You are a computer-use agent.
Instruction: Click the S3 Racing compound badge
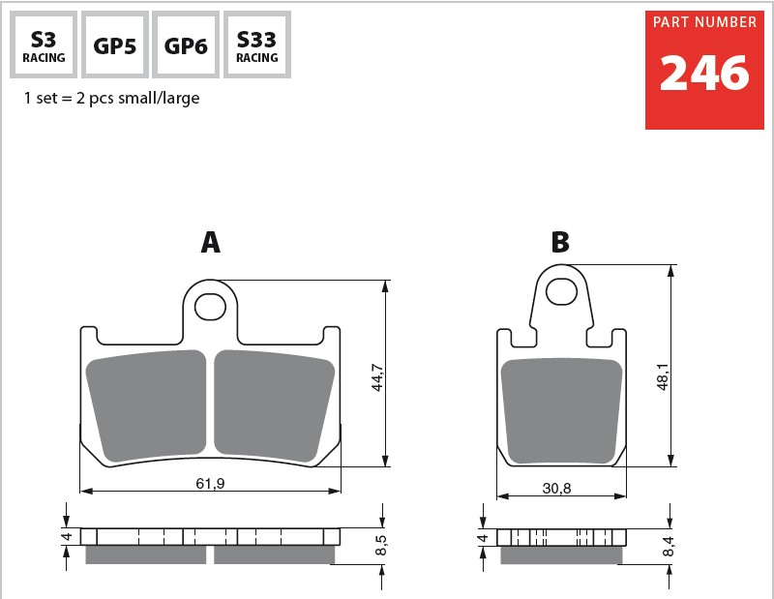coord(44,45)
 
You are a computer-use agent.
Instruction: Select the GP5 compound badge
coord(115,45)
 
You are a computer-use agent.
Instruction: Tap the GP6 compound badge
coord(186,45)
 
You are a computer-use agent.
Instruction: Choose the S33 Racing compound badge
coord(257,45)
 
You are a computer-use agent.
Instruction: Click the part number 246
coord(704,74)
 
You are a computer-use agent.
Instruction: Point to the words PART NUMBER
coord(704,22)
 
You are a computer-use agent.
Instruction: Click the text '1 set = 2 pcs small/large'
coord(111,98)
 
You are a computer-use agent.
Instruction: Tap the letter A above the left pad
coord(210,242)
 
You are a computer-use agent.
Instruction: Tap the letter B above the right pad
coord(560,242)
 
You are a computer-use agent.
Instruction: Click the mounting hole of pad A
coord(210,307)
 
